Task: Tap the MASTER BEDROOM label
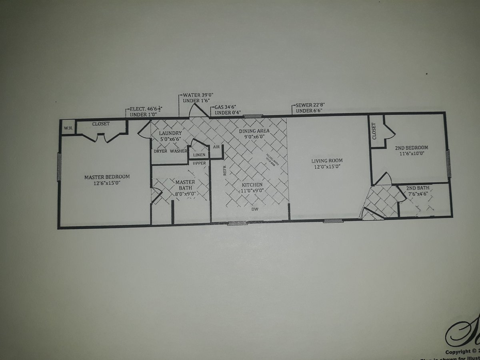coord(107,177)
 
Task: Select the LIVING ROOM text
coord(327,161)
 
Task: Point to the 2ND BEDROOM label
coord(412,148)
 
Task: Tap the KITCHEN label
coord(252,185)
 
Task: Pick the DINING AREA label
coord(254,131)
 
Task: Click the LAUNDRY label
coord(170,133)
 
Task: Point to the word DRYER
coord(160,151)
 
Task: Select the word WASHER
coord(178,151)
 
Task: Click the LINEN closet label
coord(199,155)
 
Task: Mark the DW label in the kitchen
coord(255,209)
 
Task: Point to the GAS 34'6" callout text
coord(225,107)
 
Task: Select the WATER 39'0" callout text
coord(197,95)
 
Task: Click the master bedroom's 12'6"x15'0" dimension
coord(107,183)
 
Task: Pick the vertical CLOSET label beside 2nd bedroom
coord(374,131)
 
